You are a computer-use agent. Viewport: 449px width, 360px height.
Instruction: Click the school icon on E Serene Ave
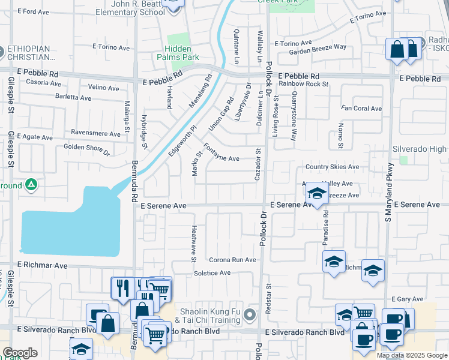[x=316, y=193]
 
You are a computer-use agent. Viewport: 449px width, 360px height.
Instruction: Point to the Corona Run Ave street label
[x=232, y=260]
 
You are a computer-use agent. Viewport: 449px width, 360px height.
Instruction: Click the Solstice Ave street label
[x=212, y=273]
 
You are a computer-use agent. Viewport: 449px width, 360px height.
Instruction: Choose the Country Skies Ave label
[x=332, y=167]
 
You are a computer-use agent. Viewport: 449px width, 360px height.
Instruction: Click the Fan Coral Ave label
[x=361, y=109]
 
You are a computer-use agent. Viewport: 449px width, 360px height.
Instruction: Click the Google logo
[x=20, y=353]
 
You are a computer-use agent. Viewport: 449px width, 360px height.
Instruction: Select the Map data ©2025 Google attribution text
[x=412, y=355]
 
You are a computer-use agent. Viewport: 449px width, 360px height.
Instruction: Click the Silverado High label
[x=420, y=149]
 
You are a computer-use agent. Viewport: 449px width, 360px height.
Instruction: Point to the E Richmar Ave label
[x=42, y=265]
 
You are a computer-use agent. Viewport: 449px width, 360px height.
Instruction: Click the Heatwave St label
[x=194, y=244]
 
